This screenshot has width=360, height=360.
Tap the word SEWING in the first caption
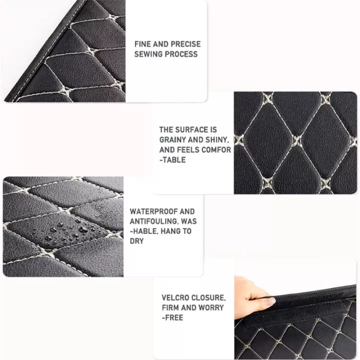click(148, 54)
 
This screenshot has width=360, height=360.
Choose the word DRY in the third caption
click(136, 241)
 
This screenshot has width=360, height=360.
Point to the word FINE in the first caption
click(143, 44)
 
